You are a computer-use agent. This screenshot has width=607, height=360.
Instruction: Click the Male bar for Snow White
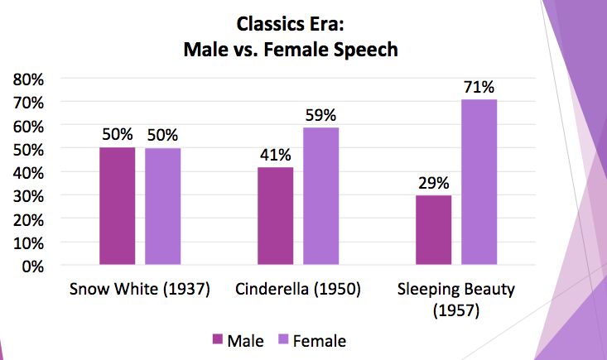coord(117,207)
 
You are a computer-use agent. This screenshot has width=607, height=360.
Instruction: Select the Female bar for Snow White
coord(162,207)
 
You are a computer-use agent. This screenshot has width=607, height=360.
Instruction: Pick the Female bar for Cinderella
coord(320,196)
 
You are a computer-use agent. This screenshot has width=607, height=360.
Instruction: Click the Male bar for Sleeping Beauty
coord(433,230)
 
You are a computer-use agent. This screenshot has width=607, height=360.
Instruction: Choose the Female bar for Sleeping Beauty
coord(479,182)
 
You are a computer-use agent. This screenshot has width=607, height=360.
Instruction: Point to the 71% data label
coord(479,87)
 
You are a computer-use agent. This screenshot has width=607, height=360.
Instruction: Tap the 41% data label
coord(275,155)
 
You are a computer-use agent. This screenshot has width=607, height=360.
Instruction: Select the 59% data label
coord(320,115)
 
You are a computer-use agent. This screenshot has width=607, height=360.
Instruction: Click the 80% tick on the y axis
coord(27,80)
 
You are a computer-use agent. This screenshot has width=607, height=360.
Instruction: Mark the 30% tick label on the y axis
coord(27,197)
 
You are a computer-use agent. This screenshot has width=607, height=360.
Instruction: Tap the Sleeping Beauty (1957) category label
coord(455,300)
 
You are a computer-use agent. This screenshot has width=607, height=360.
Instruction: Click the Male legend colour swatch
coord(218,339)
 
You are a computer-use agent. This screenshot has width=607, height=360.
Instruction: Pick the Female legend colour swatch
coord(282,339)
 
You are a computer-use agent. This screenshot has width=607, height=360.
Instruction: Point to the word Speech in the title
coord(362,50)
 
